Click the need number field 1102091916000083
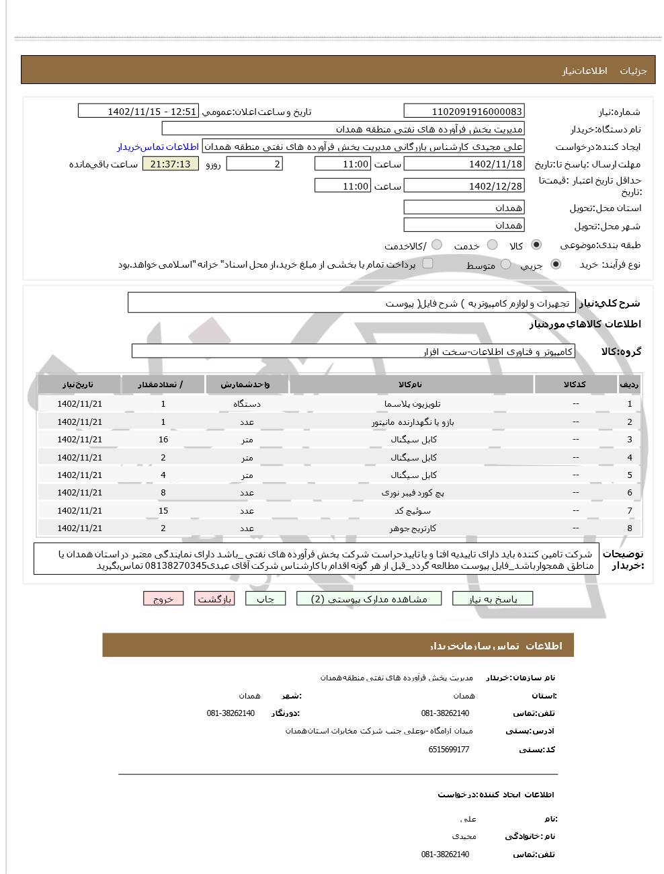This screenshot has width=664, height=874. [x=464, y=112]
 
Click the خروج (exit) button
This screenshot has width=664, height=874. [x=163, y=599]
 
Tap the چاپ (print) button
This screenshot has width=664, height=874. [x=265, y=599]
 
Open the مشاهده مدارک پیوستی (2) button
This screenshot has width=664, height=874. [x=370, y=599]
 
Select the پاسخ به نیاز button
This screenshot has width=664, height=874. [x=493, y=599]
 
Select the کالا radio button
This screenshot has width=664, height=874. [x=536, y=245]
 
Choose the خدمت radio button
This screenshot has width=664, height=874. [x=493, y=245]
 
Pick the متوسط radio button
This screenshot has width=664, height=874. [x=505, y=265]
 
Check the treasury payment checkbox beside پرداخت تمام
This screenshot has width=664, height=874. [x=427, y=264]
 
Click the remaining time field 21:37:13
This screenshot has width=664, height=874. [x=171, y=164]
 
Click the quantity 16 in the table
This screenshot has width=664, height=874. [x=163, y=440]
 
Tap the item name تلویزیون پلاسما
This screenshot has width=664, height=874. [x=412, y=404]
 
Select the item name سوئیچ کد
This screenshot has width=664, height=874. [x=412, y=511]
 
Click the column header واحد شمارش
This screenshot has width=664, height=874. [x=247, y=385]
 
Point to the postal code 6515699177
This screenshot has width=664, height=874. [x=448, y=750]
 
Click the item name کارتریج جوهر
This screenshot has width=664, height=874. [x=412, y=528]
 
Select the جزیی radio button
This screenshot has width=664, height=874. [x=556, y=265]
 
